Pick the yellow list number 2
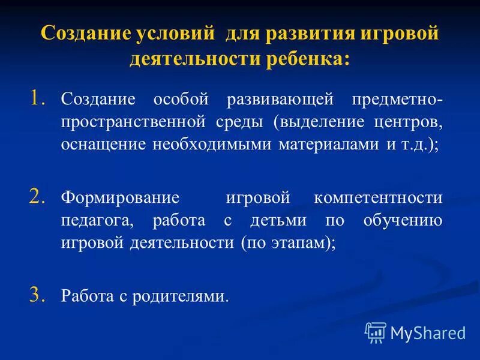(x=38, y=195)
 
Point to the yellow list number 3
(x=38, y=294)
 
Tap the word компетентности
(x=378, y=198)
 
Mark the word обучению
(x=403, y=221)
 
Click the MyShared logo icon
(x=376, y=332)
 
